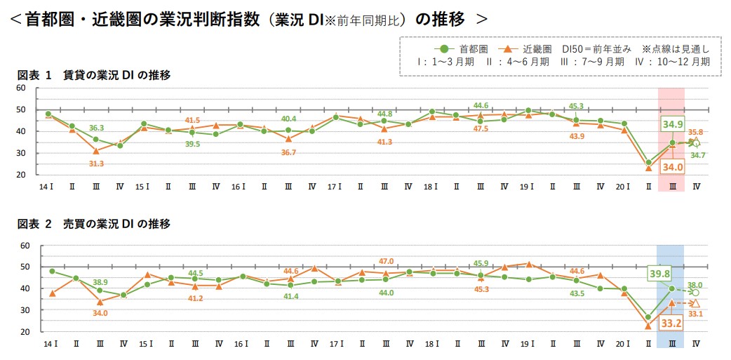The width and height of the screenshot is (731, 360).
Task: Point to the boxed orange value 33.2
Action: (672, 324)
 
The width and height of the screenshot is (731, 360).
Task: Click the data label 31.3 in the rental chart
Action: (97, 164)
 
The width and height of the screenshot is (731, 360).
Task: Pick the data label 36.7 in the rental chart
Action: (288, 152)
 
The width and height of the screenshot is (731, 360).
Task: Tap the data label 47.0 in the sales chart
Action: (386, 261)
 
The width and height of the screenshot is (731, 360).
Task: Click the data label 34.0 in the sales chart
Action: (100, 313)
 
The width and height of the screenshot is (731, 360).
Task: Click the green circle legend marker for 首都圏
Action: (441, 49)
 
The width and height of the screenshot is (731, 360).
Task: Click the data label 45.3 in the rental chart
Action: (576, 106)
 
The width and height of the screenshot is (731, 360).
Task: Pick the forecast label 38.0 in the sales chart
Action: (695, 285)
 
